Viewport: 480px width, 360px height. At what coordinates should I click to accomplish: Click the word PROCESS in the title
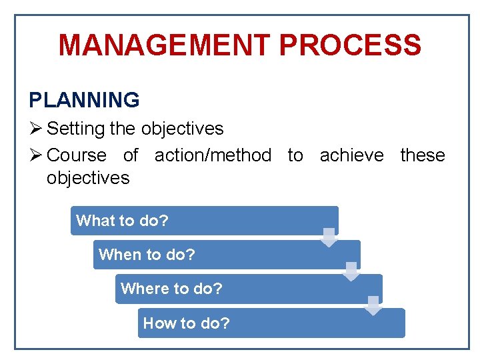[350, 45]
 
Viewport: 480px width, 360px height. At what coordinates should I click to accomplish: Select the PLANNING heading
[84, 100]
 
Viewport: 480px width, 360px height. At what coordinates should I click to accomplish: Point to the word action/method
[213, 155]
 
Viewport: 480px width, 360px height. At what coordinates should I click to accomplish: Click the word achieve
[351, 155]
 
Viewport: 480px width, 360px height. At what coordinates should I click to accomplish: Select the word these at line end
[422, 155]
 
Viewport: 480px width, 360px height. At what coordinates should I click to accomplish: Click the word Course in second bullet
[77, 155]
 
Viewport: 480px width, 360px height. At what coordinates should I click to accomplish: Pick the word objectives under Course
[88, 178]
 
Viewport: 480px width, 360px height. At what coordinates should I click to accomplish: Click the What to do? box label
[122, 221]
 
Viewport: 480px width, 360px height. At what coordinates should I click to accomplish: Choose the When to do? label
[147, 255]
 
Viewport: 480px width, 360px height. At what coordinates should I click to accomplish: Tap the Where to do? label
[171, 289]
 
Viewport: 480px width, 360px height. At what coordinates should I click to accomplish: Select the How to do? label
[186, 323]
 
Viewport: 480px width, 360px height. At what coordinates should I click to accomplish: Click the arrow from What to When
[329, 237]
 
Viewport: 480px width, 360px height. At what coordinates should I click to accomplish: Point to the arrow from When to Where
[351, 271]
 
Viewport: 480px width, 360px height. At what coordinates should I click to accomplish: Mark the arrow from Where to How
[374, 305]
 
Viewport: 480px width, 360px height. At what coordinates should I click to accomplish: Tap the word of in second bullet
[131, 155]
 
